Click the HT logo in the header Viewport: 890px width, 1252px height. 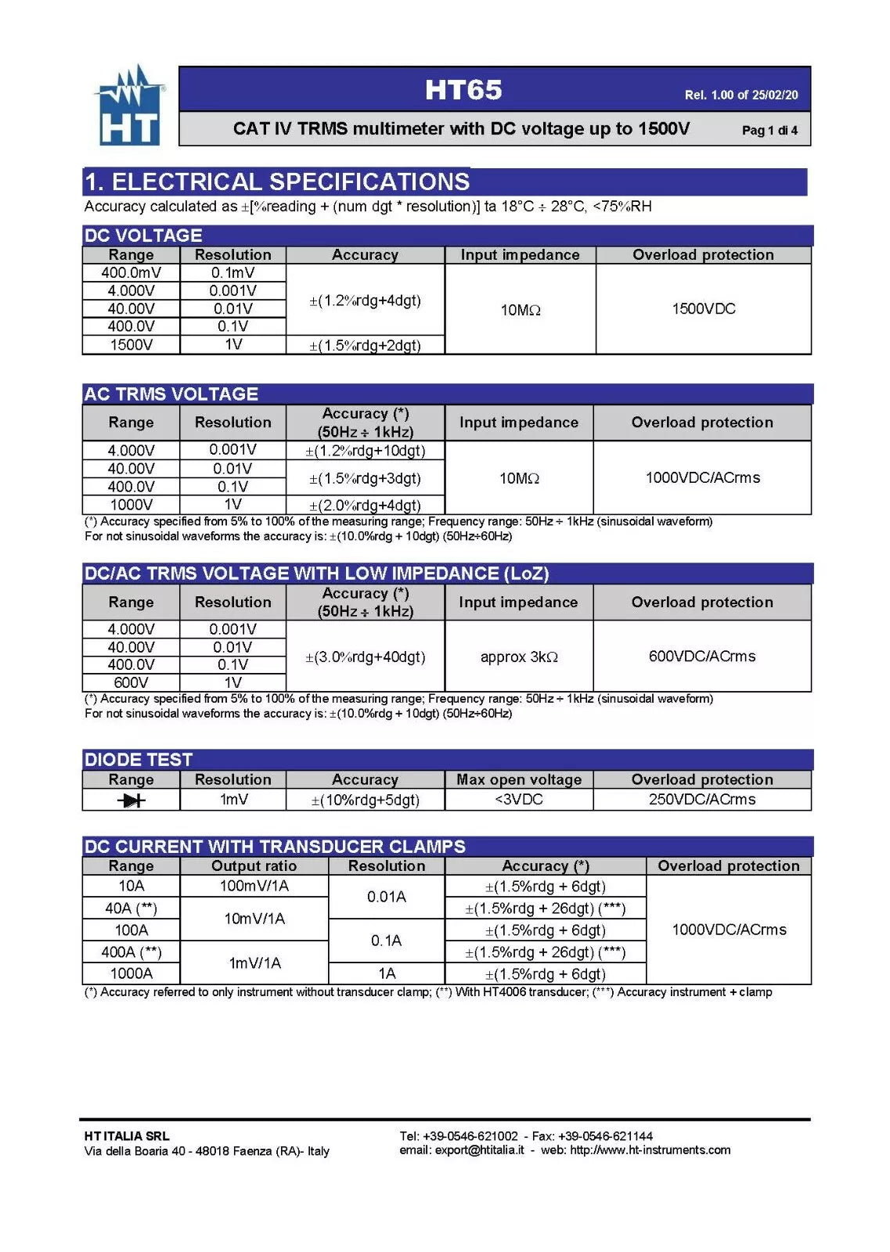coord(130,106)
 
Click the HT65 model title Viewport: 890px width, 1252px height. coord(463,90)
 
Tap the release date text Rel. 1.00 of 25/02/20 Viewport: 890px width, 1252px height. coord(740,95)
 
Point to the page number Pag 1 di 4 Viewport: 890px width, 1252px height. coord(769,130)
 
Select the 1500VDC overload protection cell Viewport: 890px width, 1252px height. coord(703,308)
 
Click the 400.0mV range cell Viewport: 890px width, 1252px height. coord(131,272)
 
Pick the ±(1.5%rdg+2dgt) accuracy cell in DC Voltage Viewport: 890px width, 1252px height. coord(365,345)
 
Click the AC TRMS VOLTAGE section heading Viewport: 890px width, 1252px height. coord(171,394)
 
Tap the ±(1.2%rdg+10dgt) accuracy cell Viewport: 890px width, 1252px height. coord(365,451)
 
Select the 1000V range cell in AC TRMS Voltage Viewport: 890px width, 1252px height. coord(131,505)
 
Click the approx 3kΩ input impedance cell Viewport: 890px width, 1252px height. coord(518,657)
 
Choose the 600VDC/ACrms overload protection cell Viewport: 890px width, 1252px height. coord(701,656)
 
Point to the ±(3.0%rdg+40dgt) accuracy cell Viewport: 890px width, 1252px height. coord(365,657)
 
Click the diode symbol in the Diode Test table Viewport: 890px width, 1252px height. coord(131,800)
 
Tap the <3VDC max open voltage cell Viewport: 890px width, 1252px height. coord(518,799)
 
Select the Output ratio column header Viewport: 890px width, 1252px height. coord(254,865)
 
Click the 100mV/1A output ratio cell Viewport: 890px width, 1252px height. coord(254,886)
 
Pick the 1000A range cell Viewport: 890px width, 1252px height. coord(131,973)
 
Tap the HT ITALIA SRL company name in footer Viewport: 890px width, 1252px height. coord(127,1135)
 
